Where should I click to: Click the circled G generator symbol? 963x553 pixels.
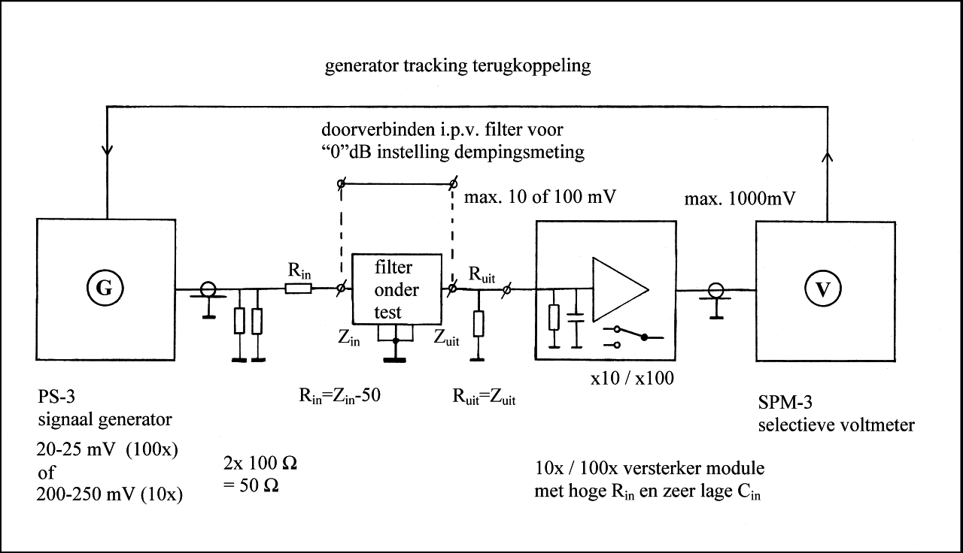click(105, 288)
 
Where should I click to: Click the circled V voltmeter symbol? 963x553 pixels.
click(823, 289)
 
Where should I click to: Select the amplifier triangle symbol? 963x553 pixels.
click(621, 289)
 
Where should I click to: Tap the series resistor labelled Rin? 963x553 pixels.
click(299, 289)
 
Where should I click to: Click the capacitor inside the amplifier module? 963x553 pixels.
click(576, 318)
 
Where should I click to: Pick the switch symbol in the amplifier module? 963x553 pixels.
click(633, 337)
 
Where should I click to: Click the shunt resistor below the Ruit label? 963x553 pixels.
click(478, 324)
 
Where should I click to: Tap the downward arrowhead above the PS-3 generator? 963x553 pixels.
click(107, 151)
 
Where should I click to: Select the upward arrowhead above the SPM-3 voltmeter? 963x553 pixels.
click(827, 157)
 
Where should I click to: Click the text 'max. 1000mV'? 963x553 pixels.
click(740, 198)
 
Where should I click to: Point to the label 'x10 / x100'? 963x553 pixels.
click(632, 378)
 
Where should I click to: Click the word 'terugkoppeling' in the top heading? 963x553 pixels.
click(531, 66)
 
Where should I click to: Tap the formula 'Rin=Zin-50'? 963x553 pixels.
click(339, 396)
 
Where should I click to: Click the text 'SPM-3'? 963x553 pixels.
click(785, 402)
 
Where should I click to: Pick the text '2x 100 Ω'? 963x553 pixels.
click(260, 463)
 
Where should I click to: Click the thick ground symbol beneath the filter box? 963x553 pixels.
click(395, 360)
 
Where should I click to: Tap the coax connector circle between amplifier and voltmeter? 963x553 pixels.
click(715, 290)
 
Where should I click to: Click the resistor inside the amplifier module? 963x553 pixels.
click(554, 317)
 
